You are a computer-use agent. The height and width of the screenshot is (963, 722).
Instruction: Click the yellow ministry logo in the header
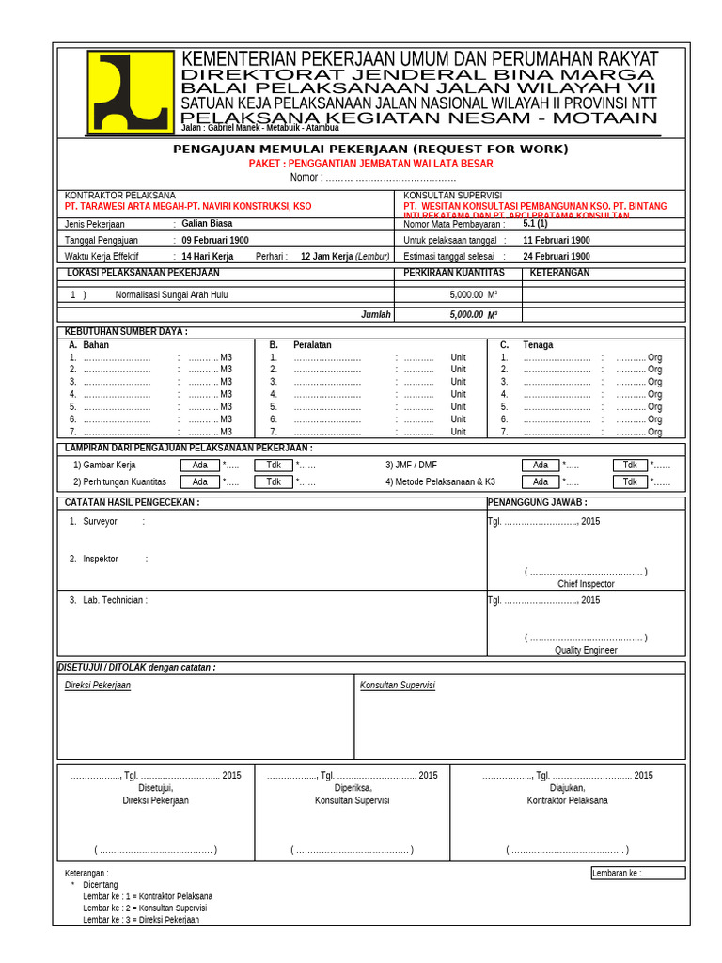pyautogui.click(x=131, y=92)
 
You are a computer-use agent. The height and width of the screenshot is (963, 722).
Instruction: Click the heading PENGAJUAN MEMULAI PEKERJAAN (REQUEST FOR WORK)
pyautogui.click(x=370, y=150)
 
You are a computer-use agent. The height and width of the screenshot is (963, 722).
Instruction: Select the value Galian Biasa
pyautogui.click(x=207, y=224)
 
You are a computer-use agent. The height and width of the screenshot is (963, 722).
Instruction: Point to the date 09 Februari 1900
pyautogui.click(x=215, y=240)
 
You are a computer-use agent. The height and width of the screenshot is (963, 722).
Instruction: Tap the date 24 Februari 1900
pyautogui.click(x=557, y=256)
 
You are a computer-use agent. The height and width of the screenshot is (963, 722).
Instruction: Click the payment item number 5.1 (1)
pyautogui.click(x=535, y=224)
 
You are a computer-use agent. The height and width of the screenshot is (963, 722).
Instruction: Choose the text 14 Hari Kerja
pyautogui.click(x=207, y=256)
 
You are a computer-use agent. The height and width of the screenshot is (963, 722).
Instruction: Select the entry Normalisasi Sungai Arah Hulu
pyautogui.click(x=171, y=294)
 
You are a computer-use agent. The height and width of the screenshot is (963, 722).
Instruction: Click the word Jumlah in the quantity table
pyautogui.click(x=376, y=315)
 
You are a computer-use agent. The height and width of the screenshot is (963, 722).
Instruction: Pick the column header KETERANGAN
pyautogui.click(x=559, y=273)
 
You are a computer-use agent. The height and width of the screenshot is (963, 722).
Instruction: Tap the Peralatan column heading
pyautogui.click(x=312, y=345)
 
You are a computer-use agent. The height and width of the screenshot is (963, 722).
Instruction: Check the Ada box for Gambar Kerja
pyautogui.click(x=200, y=465)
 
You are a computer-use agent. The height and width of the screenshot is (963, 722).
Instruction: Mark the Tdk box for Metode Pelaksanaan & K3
pyautogui.click(x=631, y=481)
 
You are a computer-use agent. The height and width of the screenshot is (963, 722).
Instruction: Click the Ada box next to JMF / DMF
pyautogui.click(x=541, y=465)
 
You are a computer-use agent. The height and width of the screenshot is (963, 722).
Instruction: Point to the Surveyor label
pyautogui.click(x=100, y=521)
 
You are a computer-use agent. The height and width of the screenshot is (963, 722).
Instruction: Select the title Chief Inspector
pyautogui.click(x=586, y=584)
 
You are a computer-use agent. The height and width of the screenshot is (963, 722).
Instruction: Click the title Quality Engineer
pyautogui.click(x=586, y=650)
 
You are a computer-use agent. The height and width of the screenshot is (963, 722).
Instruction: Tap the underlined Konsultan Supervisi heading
pyautogui.click(x=398, y=686)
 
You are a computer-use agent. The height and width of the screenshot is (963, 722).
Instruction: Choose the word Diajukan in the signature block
pyautogui.click(x=567, y=788)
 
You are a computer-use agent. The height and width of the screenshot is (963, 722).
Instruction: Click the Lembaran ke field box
pyautogui.click(x=637, y=873)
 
